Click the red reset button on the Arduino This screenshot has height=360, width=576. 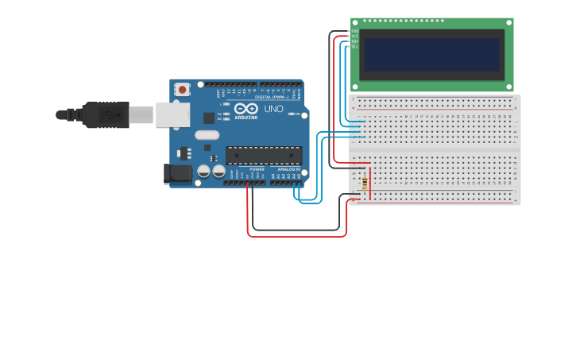point(183,90)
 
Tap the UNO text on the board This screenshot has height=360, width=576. point(273,109)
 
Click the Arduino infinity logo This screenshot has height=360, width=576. point(246,108)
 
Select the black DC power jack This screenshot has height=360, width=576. point(178,173)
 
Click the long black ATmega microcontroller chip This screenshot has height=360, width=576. point(264,155)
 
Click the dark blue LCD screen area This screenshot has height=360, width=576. point(432,55)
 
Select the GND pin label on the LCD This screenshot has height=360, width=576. point(355,31)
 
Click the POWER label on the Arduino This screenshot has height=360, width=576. point(257,169)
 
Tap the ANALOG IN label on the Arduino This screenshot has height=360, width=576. point(288,169)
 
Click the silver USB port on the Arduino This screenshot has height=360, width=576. point(172,115)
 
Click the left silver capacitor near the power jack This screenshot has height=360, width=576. point(204,171)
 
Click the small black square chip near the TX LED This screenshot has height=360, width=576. point(208,118)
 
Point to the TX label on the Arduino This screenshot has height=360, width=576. point(219,114)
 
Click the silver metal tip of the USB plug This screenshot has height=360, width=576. point(141,115)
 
